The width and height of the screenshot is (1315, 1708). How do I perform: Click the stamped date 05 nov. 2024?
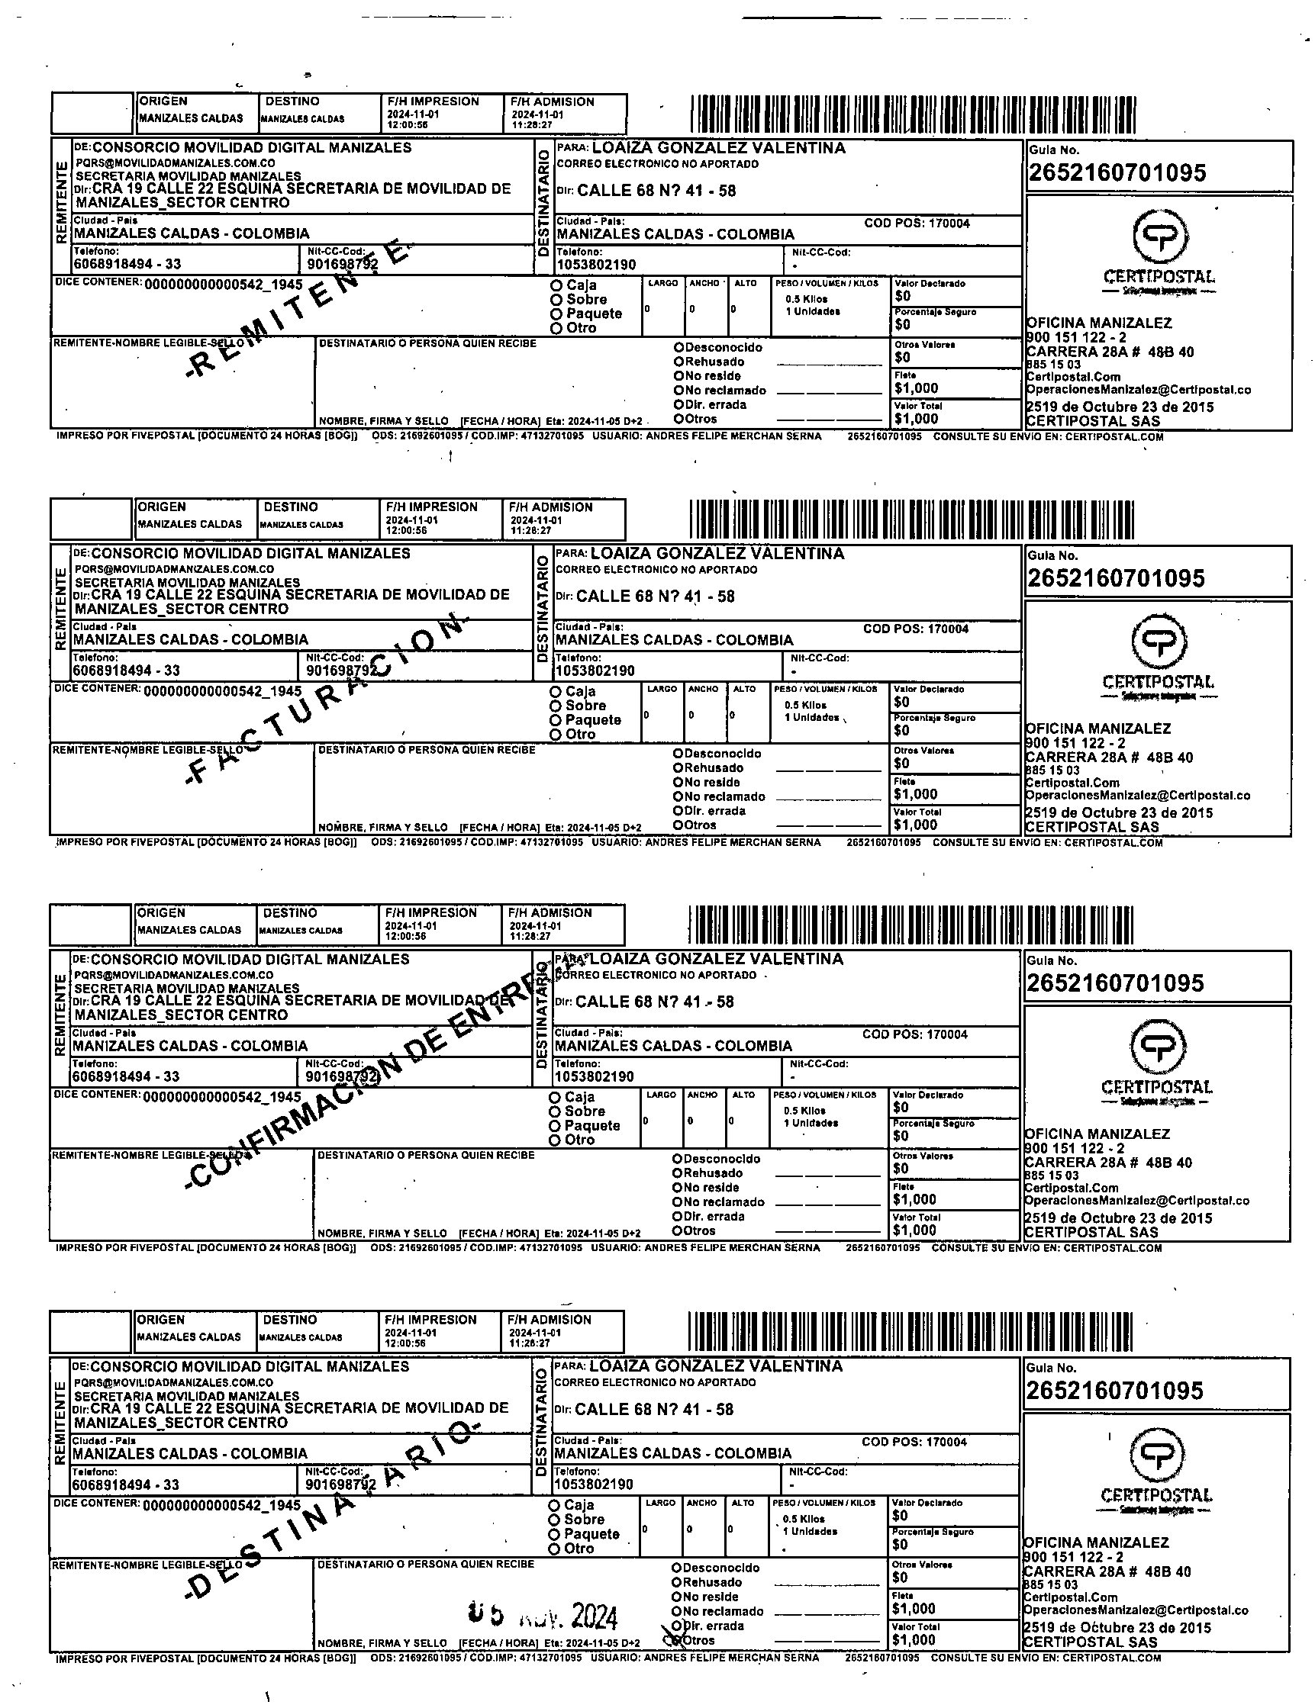click(543, 1615)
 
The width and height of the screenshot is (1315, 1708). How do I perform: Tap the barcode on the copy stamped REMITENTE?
click(913, 114)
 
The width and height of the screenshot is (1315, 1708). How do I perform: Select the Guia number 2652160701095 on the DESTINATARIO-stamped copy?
click(1114, 1391)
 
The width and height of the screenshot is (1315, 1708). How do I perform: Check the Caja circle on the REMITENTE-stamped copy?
click(556, 285)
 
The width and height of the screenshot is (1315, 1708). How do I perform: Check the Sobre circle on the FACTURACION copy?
click(556, 706)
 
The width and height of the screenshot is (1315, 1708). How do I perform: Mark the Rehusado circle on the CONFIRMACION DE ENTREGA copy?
click(677, 1173)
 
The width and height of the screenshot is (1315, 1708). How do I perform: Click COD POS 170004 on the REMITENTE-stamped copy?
click(916, 224)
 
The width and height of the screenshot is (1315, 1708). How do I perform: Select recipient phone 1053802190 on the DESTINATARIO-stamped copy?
click(594, 1484)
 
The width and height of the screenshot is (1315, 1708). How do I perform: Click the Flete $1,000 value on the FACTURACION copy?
click(914, 794)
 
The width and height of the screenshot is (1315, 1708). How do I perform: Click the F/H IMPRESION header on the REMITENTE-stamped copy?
click(433, 101)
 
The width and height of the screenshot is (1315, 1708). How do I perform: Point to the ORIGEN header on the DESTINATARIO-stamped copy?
click(160, 1319)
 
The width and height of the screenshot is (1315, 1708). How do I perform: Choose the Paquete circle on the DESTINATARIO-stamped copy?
click(554, 1534)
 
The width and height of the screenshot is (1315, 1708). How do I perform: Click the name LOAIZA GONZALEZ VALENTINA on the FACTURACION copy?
click(717, 554)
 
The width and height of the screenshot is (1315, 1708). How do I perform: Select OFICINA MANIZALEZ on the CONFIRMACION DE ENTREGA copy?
click(1097, 1134)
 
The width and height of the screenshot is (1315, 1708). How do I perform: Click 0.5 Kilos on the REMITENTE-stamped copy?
click(806, 299)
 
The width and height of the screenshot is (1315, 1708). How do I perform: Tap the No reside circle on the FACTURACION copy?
click(678, 782)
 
